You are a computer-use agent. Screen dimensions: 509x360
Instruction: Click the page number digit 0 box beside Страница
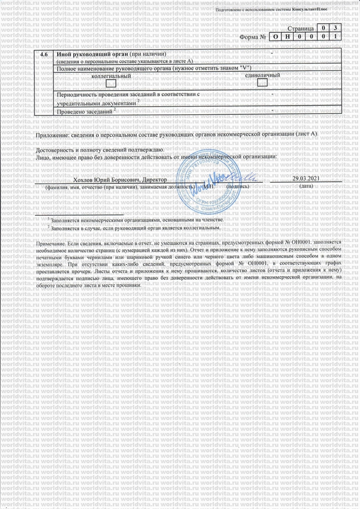point(322,27)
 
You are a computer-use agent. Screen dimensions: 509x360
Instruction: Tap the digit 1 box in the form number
point(336,37)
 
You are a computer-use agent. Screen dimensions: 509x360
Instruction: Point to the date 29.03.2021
point(306,178)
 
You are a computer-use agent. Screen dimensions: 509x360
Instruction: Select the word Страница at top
point(300,27)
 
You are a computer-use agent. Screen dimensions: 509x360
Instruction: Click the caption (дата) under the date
point(306,186)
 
